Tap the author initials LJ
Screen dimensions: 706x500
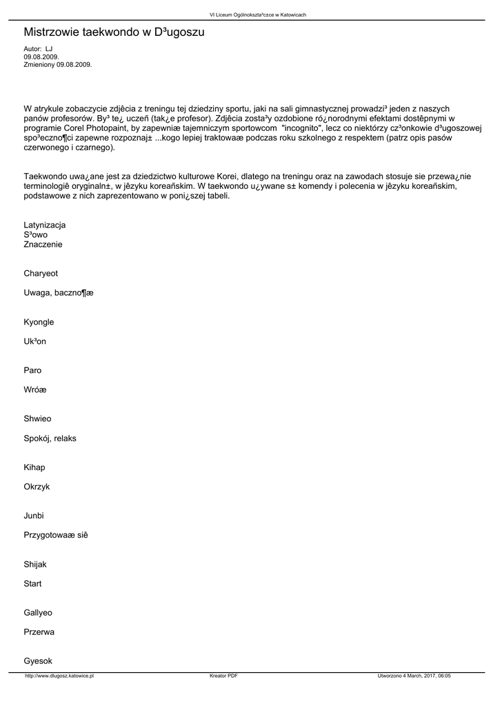[49, 49]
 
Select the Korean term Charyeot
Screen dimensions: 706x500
[41, 274]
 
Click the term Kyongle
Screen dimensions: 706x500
[39, 322]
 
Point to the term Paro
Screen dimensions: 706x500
[32, 370]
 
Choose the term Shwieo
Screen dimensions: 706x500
[37, 418]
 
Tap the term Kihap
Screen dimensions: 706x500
[34, 467]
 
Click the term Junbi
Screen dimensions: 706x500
[34, 516]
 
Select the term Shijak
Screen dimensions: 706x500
[35, 564]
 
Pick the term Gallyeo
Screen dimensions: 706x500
[38, 612]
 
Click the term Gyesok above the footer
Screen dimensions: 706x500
[38, 660]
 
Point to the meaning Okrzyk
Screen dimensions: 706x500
[37, 487]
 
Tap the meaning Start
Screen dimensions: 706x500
[32, 583]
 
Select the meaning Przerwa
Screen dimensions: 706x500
[39, 632]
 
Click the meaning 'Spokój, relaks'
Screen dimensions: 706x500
[50, 438]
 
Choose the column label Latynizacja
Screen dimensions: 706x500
[45, 225]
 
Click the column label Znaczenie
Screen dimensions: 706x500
[43, 244]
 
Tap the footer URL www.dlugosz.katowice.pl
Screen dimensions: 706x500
[59, 676]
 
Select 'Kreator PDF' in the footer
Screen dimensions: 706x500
[223, 676]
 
